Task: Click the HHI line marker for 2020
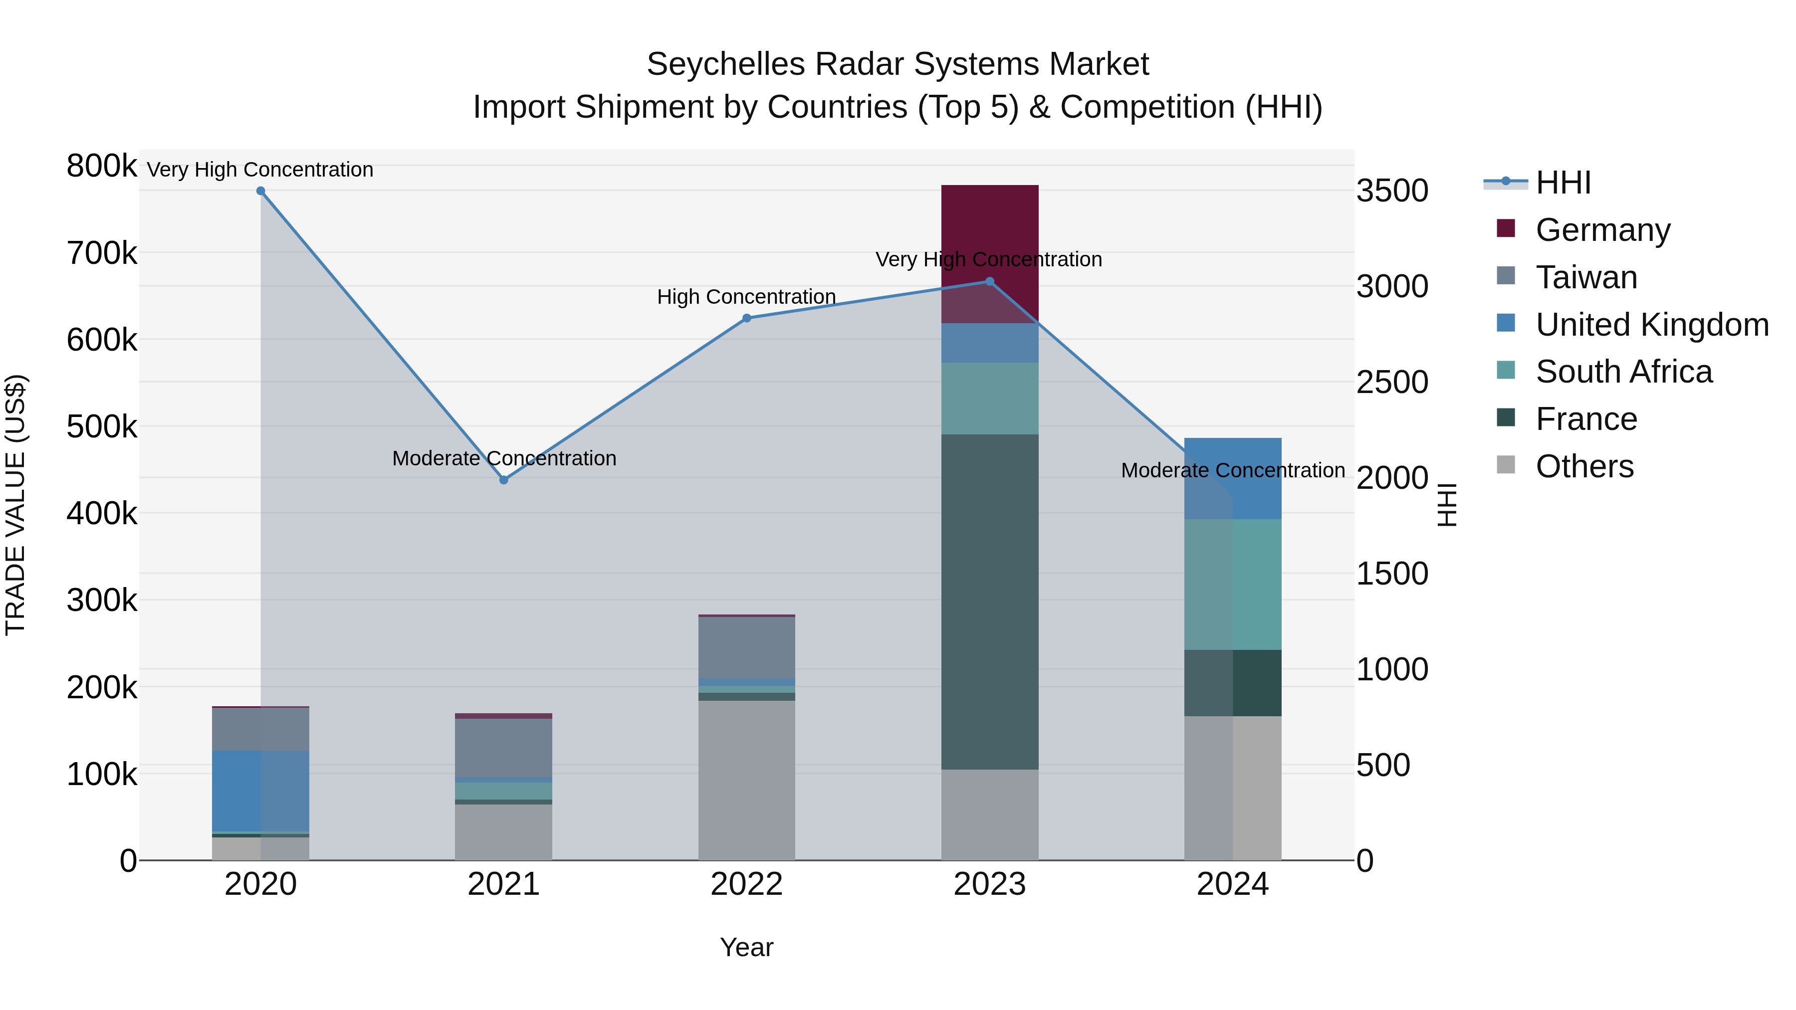(261, 191)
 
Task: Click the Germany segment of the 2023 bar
(989, 230)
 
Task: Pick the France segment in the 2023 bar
(989, 600)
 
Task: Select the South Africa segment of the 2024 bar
(1233, 584)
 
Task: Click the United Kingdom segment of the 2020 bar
(261, 791)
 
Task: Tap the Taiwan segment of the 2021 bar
(504, 747)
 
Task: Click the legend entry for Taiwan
(1586, 277)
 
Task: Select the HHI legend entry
(1563, 183)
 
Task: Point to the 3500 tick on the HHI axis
(1391, 191)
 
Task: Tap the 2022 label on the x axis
(747, 884)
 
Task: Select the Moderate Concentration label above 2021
(504, 459)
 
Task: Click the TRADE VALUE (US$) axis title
(15, 505)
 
